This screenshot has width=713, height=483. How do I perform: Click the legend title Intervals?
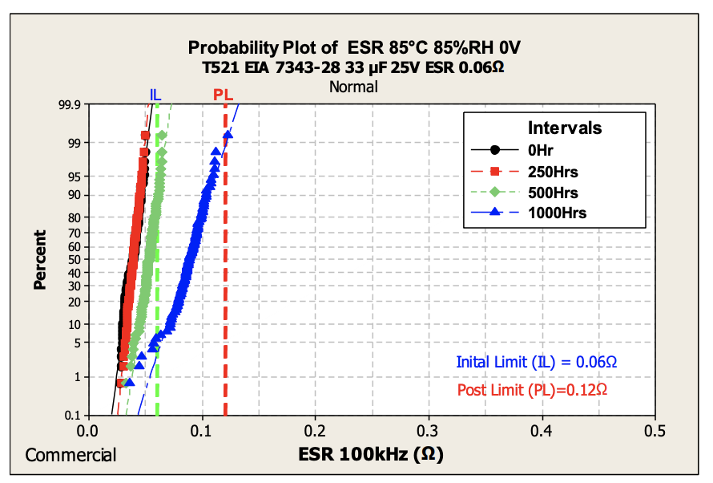pos(565,128)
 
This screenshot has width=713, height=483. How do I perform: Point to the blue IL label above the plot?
pos(155,95)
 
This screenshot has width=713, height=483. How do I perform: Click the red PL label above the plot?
pos(223,95)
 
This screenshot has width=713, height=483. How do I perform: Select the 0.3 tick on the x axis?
pos(429,431)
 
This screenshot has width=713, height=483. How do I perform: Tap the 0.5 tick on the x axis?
pos(655,431)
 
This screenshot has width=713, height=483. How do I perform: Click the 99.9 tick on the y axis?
pos(70,104)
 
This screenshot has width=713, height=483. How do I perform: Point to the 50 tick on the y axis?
pos(75,259)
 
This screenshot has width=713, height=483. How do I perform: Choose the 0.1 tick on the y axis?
pos(72,415)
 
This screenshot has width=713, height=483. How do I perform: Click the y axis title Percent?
pos(40,260)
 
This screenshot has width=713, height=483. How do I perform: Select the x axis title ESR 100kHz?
pos(371,454)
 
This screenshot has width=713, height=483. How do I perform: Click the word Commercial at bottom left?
pos(70,455)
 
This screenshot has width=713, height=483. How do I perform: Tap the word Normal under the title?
pos(353,87)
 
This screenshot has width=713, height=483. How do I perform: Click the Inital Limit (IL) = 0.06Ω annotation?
pos(537,363)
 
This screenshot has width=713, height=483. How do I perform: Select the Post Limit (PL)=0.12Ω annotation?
pos(532,390)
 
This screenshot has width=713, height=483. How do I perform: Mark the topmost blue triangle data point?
pos(228,135)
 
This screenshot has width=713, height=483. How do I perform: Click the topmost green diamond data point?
pos(162,136)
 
